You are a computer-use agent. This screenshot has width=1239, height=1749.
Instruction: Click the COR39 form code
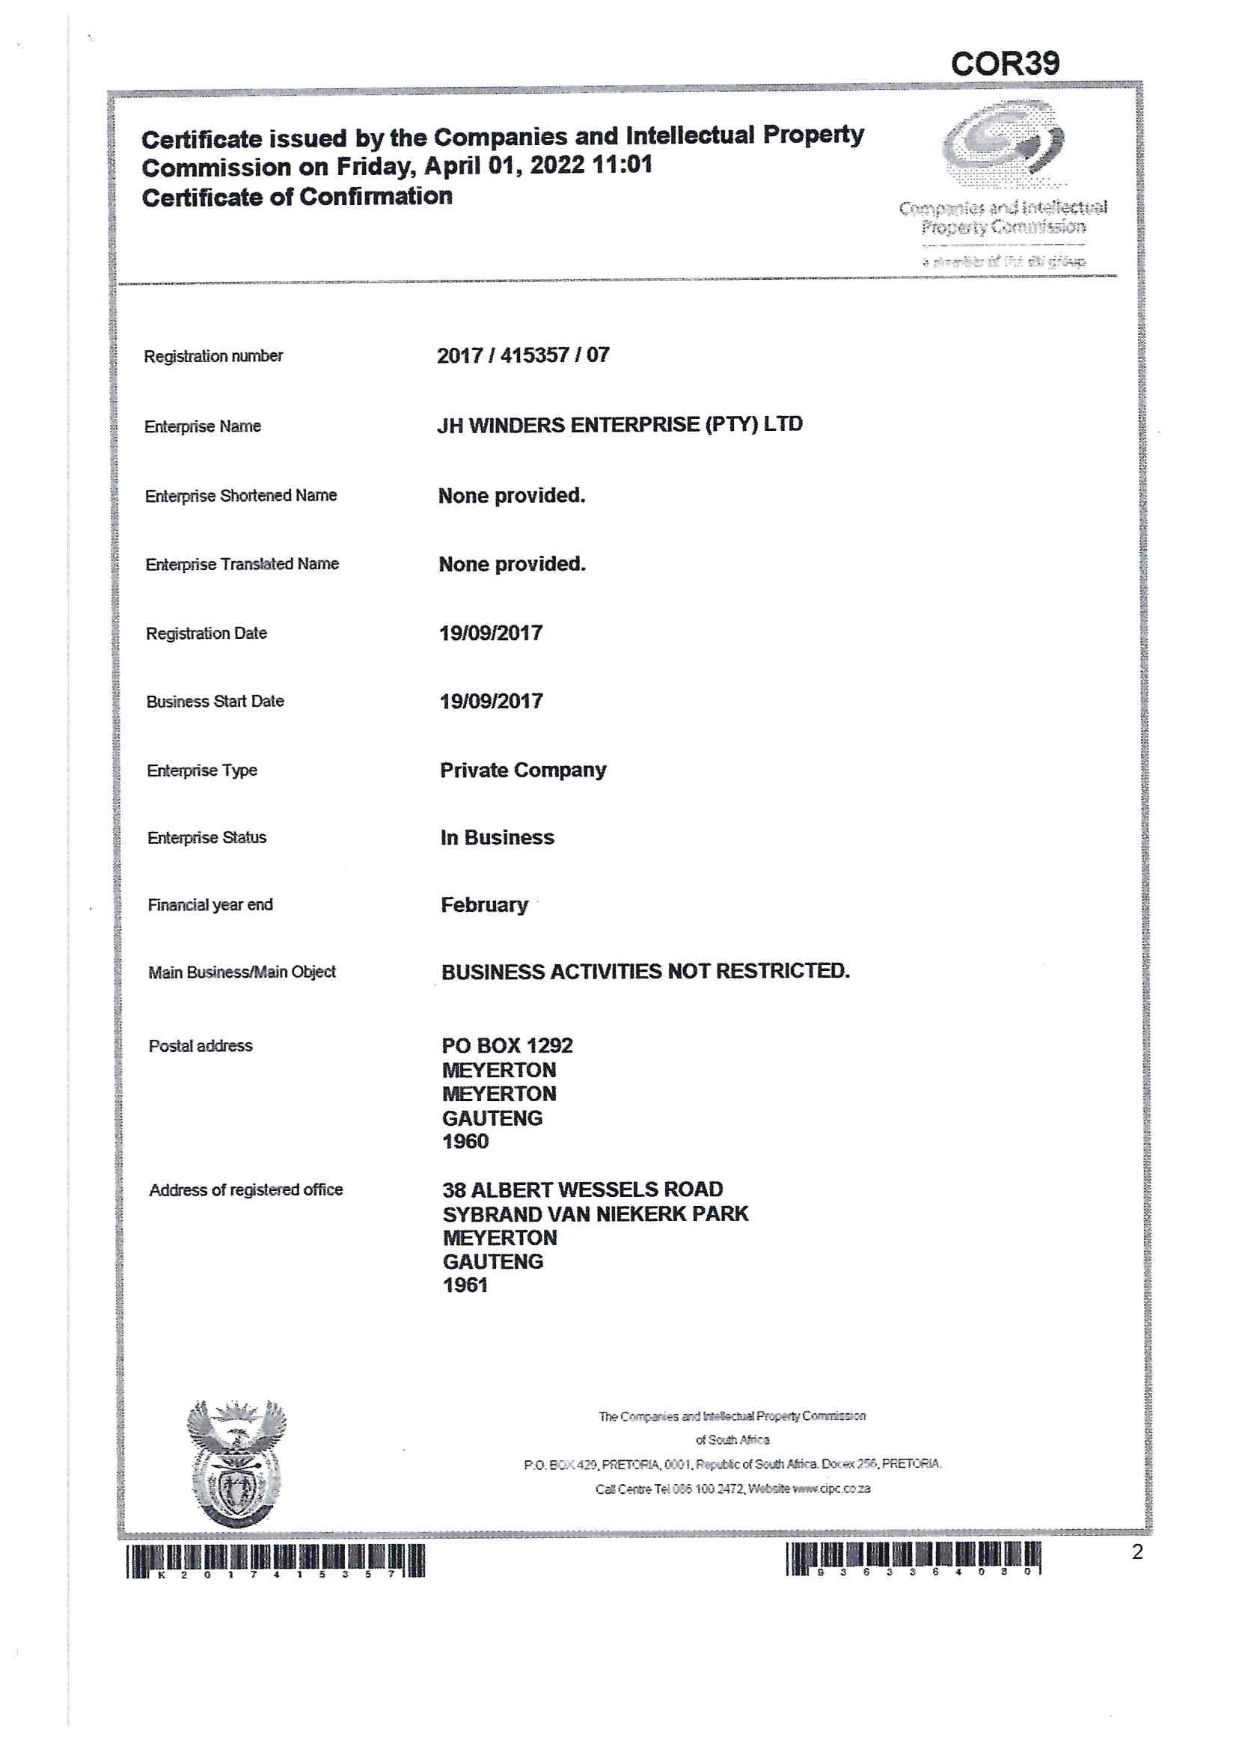pyautogui.click(x=1004, y=64)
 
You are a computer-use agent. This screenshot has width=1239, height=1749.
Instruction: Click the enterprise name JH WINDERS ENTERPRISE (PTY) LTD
pyautogui.click(x=619, y=425)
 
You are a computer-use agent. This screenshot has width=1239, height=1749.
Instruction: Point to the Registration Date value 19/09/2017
pyautogui.click(x=491, y=633)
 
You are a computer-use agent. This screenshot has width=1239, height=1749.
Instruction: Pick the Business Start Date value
pyautogui.click(x=491, y=701)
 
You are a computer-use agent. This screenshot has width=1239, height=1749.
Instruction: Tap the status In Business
pyautogui.click(x=497, y=838)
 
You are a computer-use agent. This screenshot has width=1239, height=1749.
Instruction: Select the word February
pyautogui.click(x=485, y=904)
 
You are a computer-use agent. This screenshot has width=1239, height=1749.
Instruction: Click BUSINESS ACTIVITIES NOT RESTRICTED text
pyautogui.click(x=645, y=972)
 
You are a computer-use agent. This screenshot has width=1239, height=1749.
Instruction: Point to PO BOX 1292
pyautogui.click(x=507, y=1046)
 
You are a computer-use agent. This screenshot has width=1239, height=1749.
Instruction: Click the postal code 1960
pyautogui.click(x=465, y=1142)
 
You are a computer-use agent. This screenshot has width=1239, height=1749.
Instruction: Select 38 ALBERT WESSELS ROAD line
pyautogui.click(x=582, y=1190)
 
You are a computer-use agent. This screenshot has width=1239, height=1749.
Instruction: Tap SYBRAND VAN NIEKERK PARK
pyautogui.click(x=595, y=1214)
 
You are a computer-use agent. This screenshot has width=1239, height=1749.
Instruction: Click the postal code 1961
pyautogui.click(x=465, y=1285)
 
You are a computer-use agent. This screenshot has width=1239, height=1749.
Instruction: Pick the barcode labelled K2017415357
pyautogui.click(x=275, y=1560)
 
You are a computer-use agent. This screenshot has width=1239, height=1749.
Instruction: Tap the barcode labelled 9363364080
pyautogui.click(x=913, y=1558)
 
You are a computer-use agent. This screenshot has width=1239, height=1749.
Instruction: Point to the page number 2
pyautogui.click(x=1136, y=1552)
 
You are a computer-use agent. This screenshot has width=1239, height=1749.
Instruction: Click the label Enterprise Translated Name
pyautogui.click(x=242, y=565)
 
